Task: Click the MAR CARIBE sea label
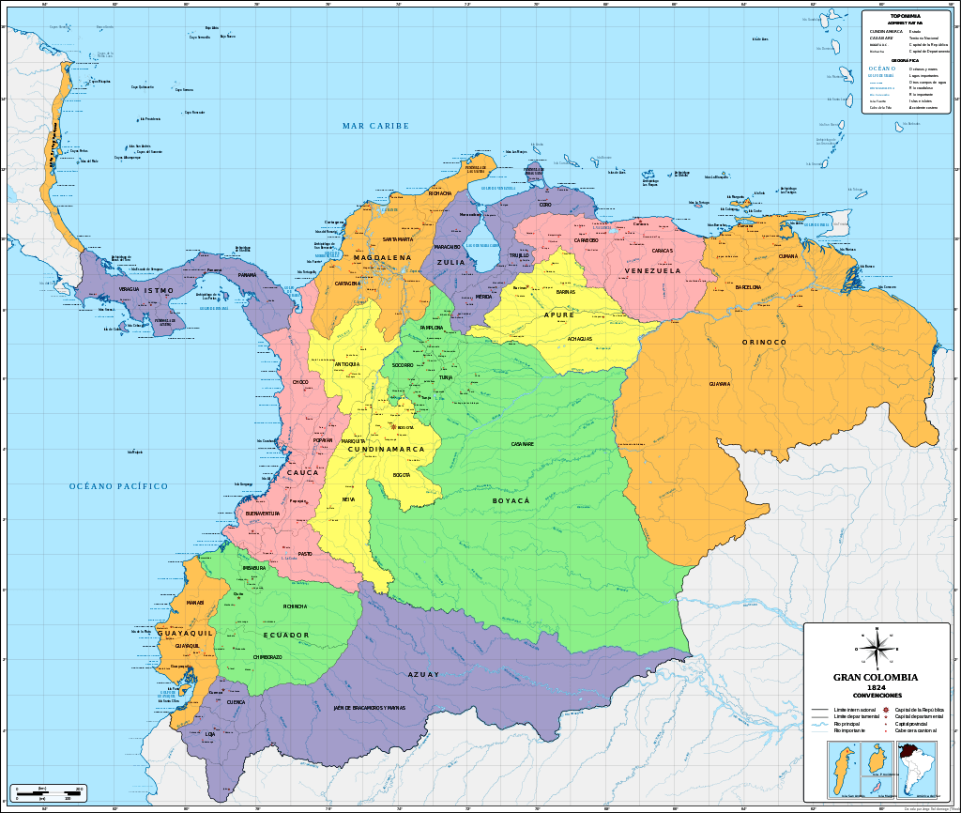[375, 126]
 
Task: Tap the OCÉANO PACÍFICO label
[118, 486]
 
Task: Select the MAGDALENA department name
[382, 257]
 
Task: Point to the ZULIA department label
[451, 263]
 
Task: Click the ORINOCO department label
[764, 343]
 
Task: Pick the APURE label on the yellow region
[559, 315]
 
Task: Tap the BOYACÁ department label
[511, 501]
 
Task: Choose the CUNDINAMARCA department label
[387, 450]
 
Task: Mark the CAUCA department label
[303, 472]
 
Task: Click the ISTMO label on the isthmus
[160, 291]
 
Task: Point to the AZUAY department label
[423, 674]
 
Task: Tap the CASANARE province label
[523, 443]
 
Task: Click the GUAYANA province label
[720, 384]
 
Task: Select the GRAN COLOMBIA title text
[877, 678]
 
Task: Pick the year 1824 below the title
[877, 688]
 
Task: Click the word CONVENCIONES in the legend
[877, 696]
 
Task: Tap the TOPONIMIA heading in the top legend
[899, 17]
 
